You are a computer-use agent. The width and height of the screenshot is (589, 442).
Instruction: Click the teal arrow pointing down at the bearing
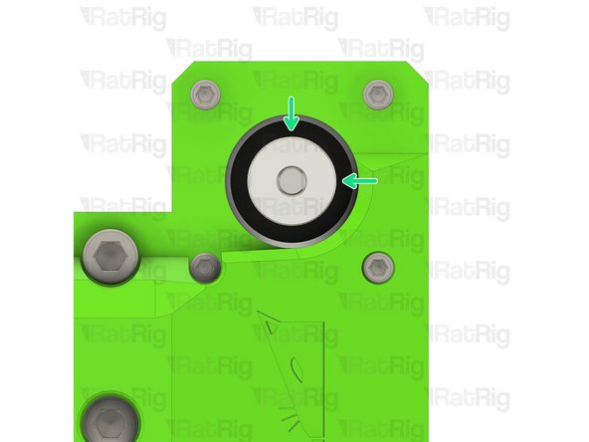[291, 113]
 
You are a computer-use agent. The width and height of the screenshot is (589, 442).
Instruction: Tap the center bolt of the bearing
[292, 180]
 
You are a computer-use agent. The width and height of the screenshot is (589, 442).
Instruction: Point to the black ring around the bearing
[241, 181]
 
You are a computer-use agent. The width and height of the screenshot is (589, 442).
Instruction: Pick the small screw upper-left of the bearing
[206, 96]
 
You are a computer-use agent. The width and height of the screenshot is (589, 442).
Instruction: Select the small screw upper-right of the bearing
[377, 95]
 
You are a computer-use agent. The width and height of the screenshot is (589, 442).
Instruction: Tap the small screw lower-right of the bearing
[377, 267]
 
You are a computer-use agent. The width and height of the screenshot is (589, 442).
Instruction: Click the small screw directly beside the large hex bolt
[206, 267]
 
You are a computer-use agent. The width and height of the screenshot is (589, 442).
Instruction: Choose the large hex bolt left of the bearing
[111, 257]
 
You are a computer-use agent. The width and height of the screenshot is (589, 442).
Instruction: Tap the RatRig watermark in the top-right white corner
[468, 18]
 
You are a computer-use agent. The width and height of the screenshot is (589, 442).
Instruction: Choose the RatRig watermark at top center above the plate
[294, 18]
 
